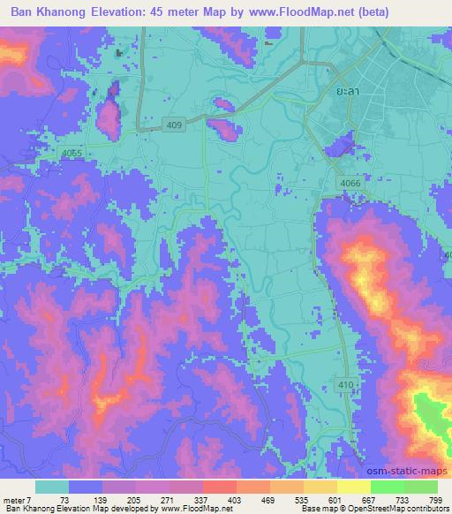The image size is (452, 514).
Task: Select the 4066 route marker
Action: (x=350, y=183)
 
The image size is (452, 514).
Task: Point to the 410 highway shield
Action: (x=347, y=382)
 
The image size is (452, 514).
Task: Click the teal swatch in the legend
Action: (x=51, y=487)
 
